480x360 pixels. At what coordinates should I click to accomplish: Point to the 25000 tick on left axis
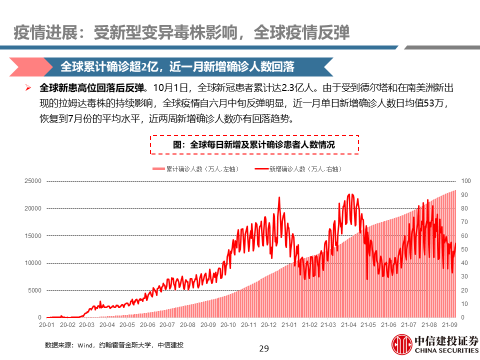click(33, 181)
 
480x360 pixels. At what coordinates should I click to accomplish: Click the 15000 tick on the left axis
click(33, 235)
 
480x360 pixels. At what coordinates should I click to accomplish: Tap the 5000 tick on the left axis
click(34, 290)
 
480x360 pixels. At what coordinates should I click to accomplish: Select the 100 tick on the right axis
click(465, 181)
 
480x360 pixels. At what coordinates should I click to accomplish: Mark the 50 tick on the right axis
click(464, 249)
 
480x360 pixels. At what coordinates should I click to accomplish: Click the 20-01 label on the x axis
click(46, 325)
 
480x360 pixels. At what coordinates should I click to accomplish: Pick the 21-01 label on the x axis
click(289, 325)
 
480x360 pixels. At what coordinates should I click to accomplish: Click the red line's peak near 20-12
click(279, 197)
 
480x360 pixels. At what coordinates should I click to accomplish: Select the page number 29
click(264, 348)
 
